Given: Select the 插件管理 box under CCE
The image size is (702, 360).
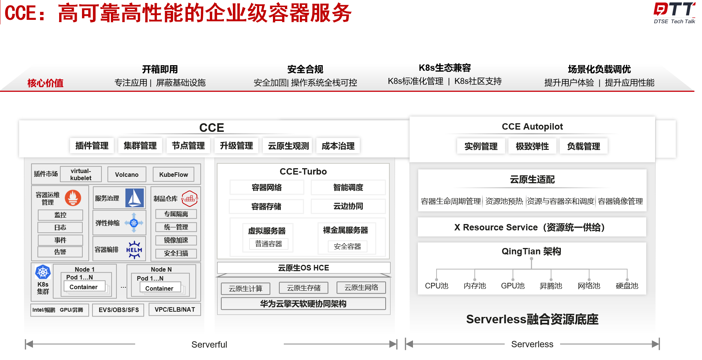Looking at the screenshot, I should (x=92, y=146).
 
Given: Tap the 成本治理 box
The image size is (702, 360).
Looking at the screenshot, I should (x=338, y=146).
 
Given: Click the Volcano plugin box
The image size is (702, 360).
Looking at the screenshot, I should (x=127, y=175).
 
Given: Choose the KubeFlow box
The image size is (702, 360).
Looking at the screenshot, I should (x=173, y=175).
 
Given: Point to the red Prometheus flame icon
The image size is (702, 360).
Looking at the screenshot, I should (x=73, y=197).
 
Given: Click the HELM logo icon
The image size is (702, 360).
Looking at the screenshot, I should (x=134, y=249).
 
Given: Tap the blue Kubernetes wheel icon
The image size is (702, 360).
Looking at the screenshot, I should (x=43, y=272).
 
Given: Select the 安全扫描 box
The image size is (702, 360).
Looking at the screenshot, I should (x=176, y=253).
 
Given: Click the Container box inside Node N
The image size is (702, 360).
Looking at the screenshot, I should (x=159, y=288).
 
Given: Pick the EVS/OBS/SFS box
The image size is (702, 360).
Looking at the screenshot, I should (x=119, y=310).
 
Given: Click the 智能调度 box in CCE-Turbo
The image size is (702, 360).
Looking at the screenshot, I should (x=348, y=187).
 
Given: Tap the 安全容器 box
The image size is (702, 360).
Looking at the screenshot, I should (x=347, y=246).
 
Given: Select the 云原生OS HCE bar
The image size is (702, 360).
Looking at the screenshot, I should (x=303, y=268).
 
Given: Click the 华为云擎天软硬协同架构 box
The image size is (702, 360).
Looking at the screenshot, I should (x=303, y=303).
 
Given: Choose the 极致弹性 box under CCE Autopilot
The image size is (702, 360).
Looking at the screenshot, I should (x=532, y=146).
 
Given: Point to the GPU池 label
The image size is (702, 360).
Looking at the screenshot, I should (x=513, y=286).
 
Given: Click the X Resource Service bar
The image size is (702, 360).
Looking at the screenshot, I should (x=532, y=227).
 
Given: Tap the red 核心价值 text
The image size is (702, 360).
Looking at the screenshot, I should (x=45, y=83).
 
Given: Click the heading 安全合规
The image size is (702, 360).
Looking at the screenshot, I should (x=305, y=69).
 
